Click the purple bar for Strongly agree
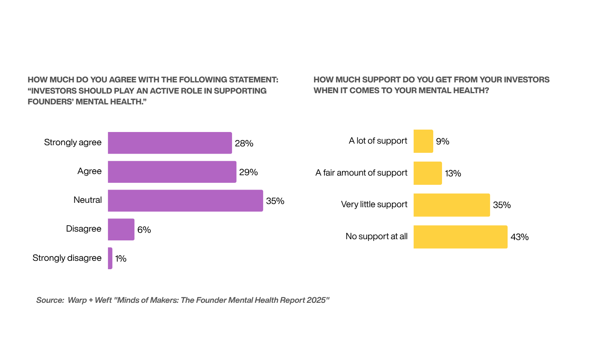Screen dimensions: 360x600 (x=170, y=143)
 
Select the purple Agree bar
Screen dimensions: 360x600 (x=172, y=172)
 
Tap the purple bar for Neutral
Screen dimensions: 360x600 (x=185, y=200)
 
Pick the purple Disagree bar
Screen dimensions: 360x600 (x=121, y=229)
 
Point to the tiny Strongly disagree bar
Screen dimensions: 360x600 (x=110, y=258)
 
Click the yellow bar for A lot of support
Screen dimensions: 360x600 (x=423, y=141)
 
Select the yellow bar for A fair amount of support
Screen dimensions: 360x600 (x=428, y=173)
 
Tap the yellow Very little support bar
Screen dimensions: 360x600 (x=452, y=205)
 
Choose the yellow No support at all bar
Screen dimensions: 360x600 (x=460, y=237)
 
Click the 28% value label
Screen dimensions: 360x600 (x=244, y=143)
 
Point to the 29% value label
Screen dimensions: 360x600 (x=248, y=172)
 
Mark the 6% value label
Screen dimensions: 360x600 (x=144, y=230)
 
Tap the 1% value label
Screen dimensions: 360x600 (x=121, y=258)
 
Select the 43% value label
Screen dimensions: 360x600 (x=520, y=237)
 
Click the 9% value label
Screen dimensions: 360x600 (x=443, y=141)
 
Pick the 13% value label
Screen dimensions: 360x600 (x=453, y=173)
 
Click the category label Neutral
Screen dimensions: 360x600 (x=88, y=200)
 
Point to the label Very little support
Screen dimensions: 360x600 (x=374, y=204)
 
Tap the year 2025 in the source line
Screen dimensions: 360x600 (x=316, y=300)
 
